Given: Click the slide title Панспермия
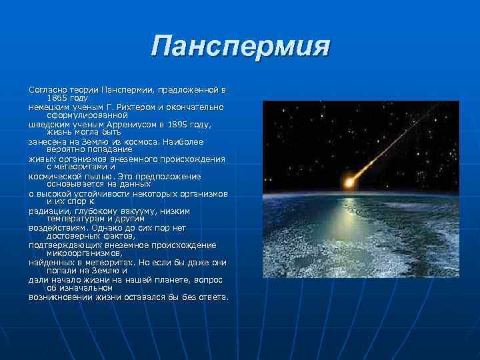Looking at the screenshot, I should pyautogui.click(x=240, y=47).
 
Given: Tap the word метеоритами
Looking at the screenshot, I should pyautogui.click(x=81, y=167).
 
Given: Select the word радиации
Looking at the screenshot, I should pyautogui.click(x=47, y=211).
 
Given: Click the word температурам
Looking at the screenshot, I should pyautogui.click(x=76, y=219).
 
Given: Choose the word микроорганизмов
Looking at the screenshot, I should pyautogui.click(x=84, y=253).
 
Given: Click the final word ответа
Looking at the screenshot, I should pyautogui.click(x=212, y=297).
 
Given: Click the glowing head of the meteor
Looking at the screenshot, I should pyautogui.click(x=349, y=181).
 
